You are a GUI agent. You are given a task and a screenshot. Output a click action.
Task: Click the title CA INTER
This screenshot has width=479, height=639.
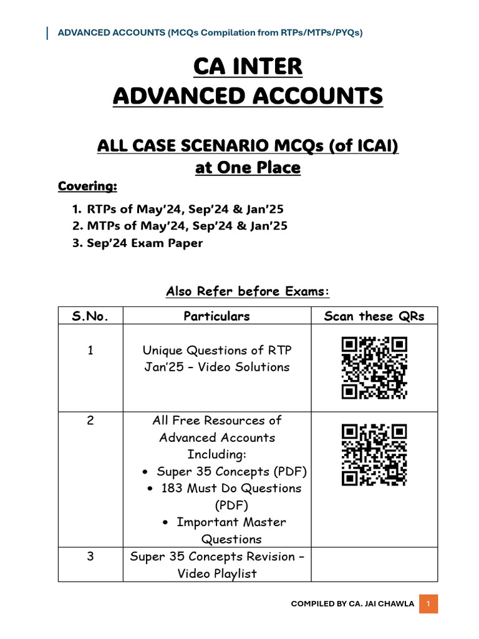tap(248, 66)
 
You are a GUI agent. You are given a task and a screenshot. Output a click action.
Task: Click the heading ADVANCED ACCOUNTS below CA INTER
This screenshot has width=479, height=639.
tap(248, 96)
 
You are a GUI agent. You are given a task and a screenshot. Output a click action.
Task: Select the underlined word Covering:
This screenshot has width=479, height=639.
tap(87, 187)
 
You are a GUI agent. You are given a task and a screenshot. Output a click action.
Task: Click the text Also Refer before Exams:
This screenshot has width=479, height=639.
tap(248, 291)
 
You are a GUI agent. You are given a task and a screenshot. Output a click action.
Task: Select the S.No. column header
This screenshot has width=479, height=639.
tap(90, 316)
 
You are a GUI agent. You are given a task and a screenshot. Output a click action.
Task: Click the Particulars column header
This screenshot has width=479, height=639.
tap(216, 316)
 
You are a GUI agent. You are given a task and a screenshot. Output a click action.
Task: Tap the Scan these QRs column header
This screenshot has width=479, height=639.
tap(374, 316)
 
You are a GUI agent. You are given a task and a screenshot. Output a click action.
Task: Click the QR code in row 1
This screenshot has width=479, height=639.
tap(374, 368)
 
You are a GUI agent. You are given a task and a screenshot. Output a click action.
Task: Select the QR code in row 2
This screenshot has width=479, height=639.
tap(374, 454)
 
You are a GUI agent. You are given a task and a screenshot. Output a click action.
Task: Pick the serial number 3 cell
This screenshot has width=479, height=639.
tap(90, 557)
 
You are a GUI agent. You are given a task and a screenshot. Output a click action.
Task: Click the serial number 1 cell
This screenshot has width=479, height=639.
tap(90, 351)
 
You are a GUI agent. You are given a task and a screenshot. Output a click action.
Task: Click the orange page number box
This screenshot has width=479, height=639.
tap(428, 604)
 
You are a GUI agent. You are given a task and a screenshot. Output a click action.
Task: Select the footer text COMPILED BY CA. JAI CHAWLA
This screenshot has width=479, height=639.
tap(352, 604)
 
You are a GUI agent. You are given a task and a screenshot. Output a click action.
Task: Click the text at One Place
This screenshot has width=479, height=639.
tap(248, 167)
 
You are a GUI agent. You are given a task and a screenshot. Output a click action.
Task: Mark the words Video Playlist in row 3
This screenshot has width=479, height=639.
tap(216, 573)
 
